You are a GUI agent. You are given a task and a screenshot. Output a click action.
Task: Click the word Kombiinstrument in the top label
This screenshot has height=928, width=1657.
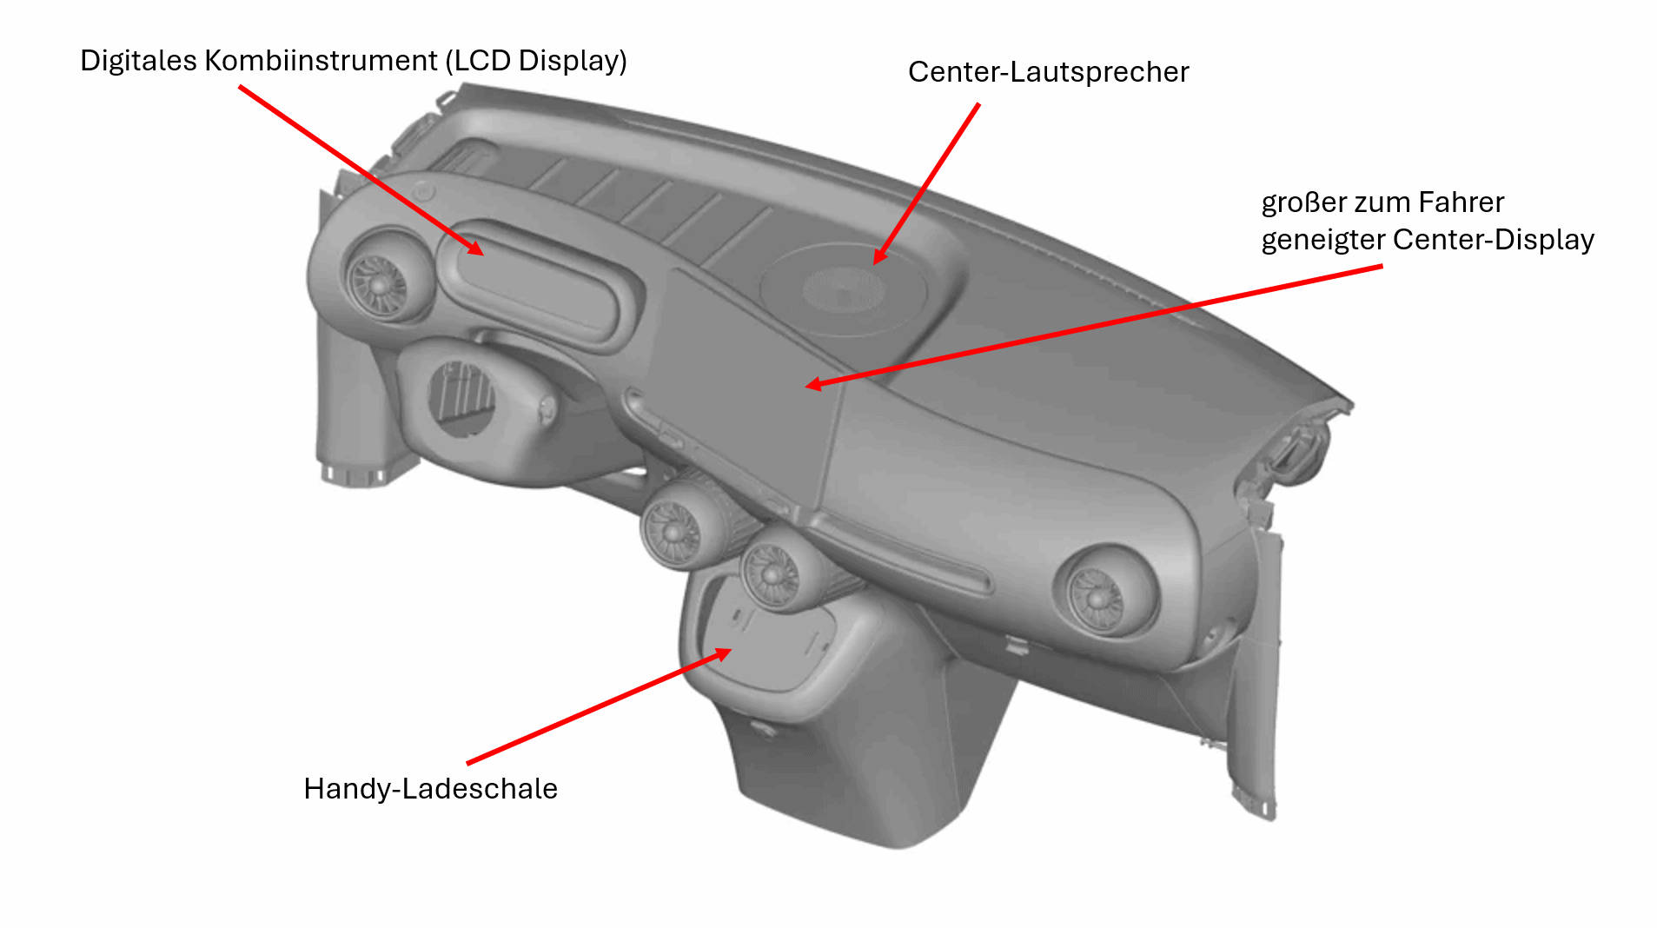click(x=321, y=61)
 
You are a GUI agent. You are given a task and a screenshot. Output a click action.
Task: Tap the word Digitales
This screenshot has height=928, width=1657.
click(x=138, y=61)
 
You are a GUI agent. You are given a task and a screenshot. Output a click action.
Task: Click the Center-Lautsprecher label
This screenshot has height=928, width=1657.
click(x=1048, y=72)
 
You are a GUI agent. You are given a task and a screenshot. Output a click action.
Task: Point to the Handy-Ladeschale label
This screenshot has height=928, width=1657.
click(x=430, y=789)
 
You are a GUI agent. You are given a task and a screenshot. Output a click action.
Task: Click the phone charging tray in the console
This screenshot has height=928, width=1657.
click(x=770, y=647)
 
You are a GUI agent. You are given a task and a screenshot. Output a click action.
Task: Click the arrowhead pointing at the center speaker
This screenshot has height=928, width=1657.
click(x=880, y=255)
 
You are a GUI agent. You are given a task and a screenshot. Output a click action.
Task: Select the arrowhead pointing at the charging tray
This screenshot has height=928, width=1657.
click(x=720, y=653)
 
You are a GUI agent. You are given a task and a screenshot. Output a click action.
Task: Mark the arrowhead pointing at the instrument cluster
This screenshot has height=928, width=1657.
click(x=474, y=249)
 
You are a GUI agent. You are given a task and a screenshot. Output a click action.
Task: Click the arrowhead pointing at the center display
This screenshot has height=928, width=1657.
click(x=814, y=383)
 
